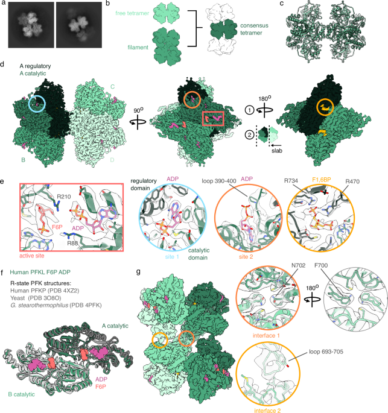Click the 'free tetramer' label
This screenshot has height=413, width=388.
[132, 13]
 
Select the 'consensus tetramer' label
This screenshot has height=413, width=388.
[254, 29]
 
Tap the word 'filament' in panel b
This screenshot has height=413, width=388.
[138, 48]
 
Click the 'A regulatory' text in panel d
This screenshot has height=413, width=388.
[35, 66]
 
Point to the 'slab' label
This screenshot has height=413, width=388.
[277, 151]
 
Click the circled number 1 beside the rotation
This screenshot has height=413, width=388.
[250, 110]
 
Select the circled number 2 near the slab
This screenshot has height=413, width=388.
[250, 135]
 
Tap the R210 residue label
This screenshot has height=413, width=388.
[63, 197]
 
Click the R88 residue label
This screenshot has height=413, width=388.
[72, 244]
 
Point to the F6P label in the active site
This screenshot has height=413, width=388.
[57, 227]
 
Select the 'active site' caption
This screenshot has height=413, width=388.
[32, 256]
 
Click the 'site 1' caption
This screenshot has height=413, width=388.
[172, 257]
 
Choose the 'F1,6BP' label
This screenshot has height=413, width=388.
[321, 180]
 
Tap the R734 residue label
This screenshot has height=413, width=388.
[291, 181]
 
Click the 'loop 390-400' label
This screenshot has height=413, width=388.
[219, 181]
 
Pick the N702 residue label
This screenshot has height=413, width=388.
[298, 265]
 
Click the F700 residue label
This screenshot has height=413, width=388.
[321, 265]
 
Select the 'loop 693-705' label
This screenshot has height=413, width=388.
[326, 352]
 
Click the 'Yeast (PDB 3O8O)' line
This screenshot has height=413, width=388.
[36, 298]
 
